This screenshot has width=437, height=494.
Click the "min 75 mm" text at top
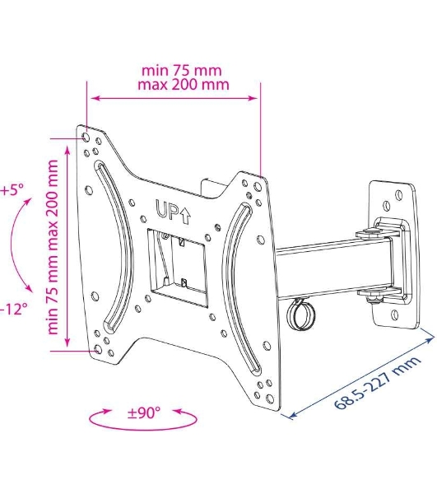(x=182, y=71)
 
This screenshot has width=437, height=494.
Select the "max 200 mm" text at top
(x=184, y=85)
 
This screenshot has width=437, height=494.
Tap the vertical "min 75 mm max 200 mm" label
(x=53, y=247)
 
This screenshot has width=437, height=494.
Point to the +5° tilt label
(x=13, y=190)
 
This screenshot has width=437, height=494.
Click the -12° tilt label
(x=13, y=309)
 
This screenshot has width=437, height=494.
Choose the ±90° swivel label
(x=143, y=412)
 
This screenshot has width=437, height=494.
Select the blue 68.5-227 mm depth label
(x=377, y=382)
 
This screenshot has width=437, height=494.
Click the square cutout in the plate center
(x=177, y=268)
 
